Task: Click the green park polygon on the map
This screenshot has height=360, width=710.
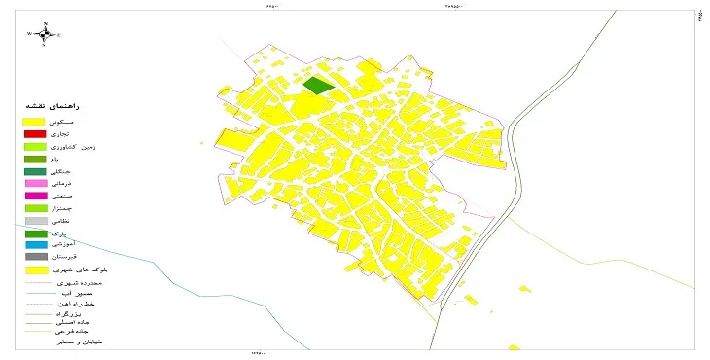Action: [x=317, y=86]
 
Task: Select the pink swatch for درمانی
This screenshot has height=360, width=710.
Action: [x=35, y=184]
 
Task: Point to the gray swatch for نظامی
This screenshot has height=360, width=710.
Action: [x=35, y=222]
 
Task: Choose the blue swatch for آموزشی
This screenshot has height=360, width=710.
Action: [x=35, y=246]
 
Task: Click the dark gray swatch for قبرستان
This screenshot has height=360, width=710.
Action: [x=35, y=257]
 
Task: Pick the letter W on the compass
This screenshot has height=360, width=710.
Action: [x=29, y=34]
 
